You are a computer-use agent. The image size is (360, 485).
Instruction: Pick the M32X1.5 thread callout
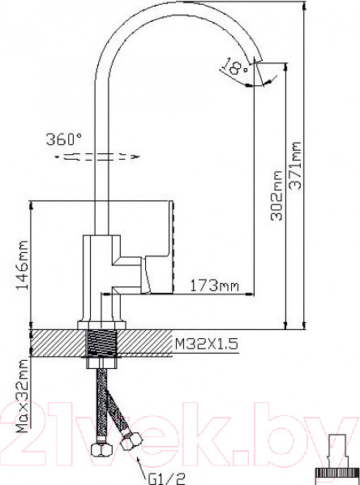coord(207,345)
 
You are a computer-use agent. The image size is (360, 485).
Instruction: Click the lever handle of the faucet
coord(160,243)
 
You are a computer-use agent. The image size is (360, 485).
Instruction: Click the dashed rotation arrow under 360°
coord(97,155)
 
